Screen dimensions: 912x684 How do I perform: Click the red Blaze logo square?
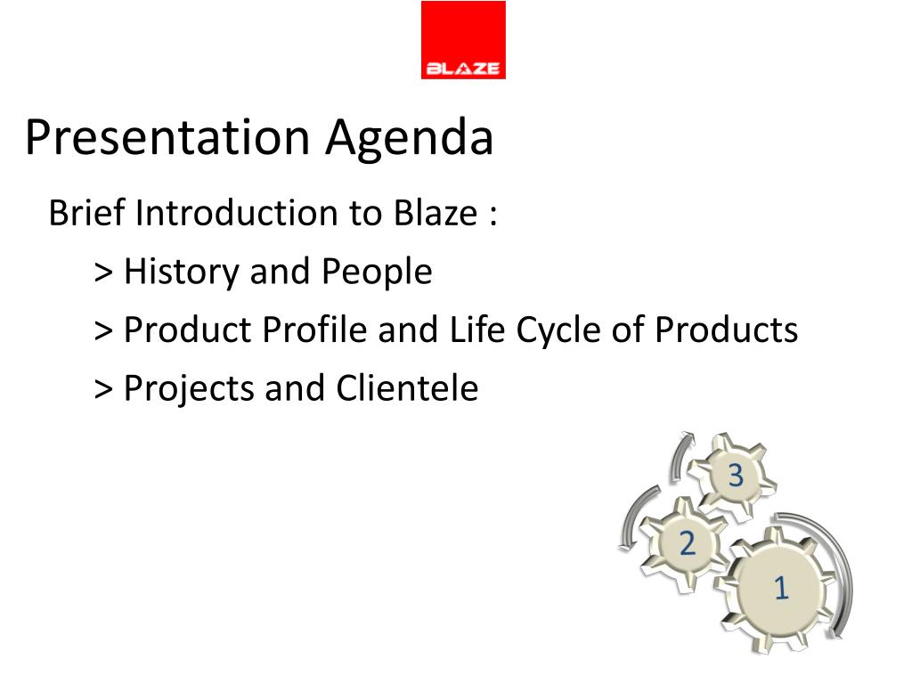[x=463, y=39]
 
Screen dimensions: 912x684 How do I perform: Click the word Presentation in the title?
[x=167, y=137]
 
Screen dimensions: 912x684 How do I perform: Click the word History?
[x=182, y=273]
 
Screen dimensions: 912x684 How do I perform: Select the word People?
[x=377, y=273]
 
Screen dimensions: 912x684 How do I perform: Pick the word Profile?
[x=314, y=330]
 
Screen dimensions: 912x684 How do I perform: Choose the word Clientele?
[x=407, y=388]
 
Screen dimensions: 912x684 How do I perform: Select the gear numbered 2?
[x=684, y=543]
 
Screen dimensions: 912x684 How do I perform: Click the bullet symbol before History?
[x=103, y=273]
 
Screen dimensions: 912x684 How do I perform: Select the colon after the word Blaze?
[x=493, y=215]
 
